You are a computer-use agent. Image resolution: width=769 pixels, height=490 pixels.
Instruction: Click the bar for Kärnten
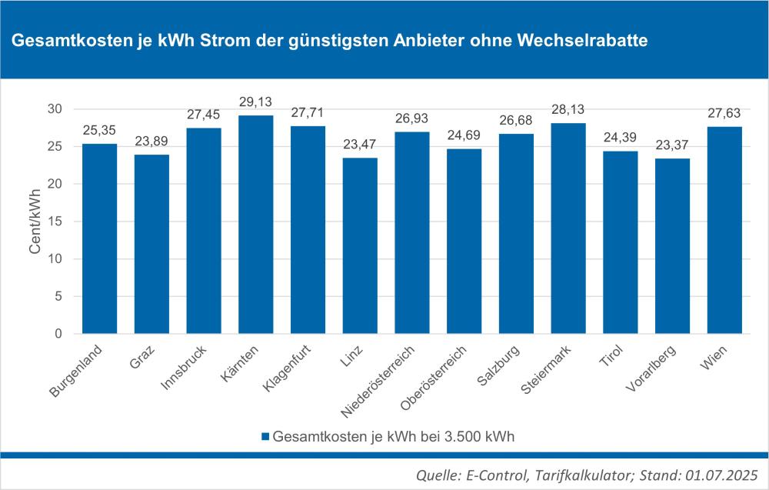pyautogui.click(x=255, y=225)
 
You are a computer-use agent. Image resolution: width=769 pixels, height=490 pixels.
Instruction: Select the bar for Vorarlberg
pyautogui.click(x=672, y=246)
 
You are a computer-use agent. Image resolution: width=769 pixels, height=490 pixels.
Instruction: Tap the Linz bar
pyautogui.click(x=360, y=246)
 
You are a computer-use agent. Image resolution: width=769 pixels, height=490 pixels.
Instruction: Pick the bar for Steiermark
pyautogui.click(x=568, y=228)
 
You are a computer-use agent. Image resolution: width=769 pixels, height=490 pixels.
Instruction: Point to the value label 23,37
pyautogui.click(x=672, y=145)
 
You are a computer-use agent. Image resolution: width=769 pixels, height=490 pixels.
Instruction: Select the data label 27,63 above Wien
pyautogui.click(x=724, y=114)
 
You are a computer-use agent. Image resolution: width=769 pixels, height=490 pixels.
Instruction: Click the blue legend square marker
pyautogui.click(x=265, y=436)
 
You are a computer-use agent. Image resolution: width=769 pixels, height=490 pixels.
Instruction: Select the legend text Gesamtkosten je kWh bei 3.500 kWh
pyautogui.click(x=393, y=436)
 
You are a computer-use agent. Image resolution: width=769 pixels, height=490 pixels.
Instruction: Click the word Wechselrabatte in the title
pyautogui.click(x=589, y=40)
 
